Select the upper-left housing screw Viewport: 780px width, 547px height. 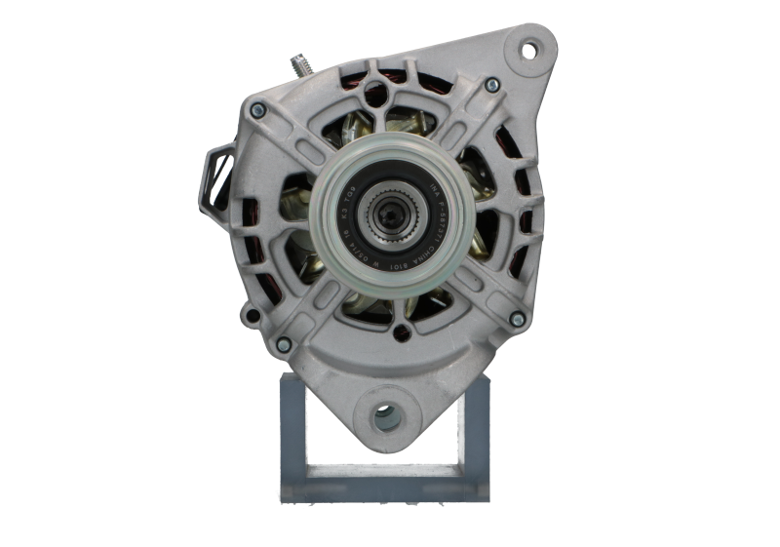[257, 110]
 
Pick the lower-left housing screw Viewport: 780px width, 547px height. [283, 343]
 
